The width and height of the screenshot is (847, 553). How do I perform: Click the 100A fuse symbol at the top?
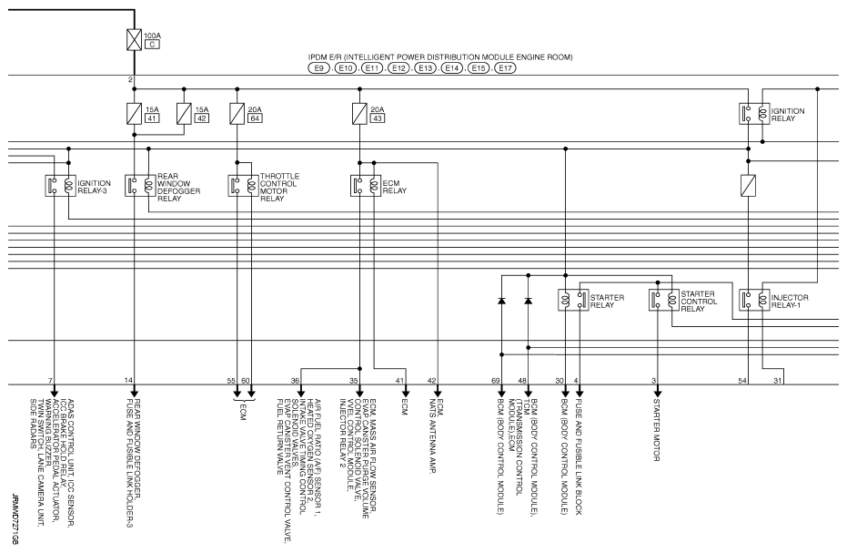tap(134, 39)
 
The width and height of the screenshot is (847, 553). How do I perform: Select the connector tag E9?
tap(319, 68)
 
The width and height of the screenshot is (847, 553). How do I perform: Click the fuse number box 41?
tap(153, 118)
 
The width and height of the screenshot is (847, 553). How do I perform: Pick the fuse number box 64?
tap(256, 118)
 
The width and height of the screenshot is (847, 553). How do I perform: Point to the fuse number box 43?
tap(377, 118)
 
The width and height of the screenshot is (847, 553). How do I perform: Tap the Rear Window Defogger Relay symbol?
tap(135, 185)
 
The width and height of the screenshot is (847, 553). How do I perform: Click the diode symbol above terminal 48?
tap(528, 301)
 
